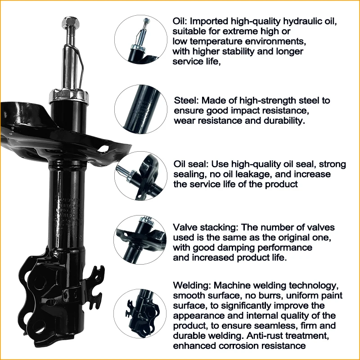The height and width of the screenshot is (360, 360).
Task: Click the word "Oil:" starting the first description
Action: [181, 22]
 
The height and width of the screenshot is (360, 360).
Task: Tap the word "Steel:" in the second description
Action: [185, 101]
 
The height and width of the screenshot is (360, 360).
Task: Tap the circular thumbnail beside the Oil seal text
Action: [141, 176]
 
